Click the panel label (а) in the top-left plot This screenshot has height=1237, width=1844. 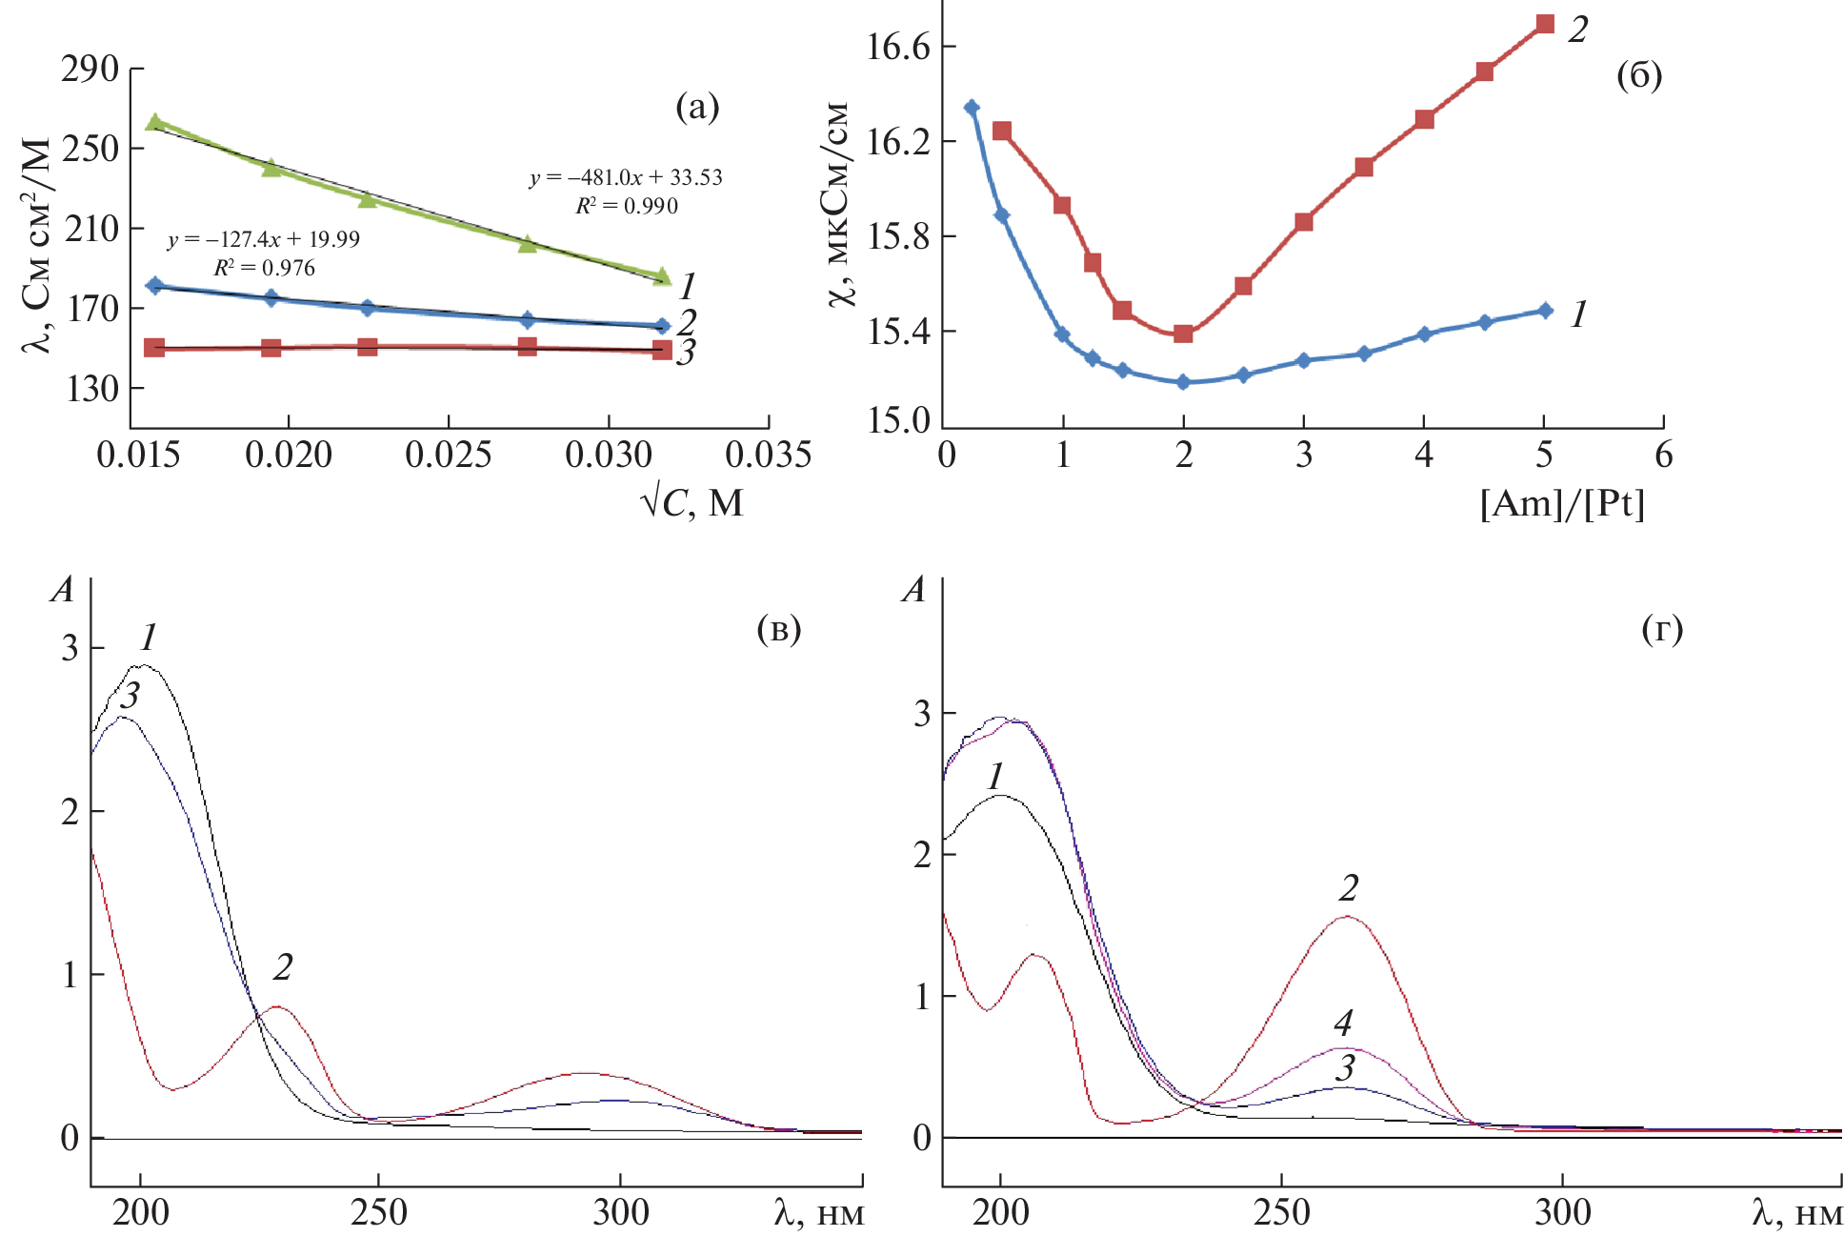(697, 106)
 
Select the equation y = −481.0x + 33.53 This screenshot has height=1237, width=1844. (626, 177)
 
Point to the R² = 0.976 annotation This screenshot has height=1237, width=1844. (264, 268)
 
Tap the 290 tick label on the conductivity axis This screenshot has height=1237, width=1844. (90, 69)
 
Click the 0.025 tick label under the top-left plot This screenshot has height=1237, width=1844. (448, 455)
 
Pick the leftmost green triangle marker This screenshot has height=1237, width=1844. (155, 123)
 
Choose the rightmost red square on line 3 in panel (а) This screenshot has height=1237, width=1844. (662, 350)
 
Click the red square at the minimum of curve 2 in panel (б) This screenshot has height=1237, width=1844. (1183, 333)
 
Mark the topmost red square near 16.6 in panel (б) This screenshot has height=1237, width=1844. (1545, 24)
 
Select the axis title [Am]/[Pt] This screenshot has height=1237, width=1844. (1562, 502)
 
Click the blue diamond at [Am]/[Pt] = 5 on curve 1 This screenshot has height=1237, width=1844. (1545, 311)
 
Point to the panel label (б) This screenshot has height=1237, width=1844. (1639, 74)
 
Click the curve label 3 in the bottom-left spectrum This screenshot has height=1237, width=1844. (131, 696)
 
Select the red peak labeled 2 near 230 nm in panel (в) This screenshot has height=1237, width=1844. (276, 1006)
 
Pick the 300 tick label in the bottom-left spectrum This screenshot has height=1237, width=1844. (620, 1212)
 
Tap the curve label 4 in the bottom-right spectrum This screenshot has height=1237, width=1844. (1343, 1024)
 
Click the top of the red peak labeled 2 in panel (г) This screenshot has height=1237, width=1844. (1347, 917)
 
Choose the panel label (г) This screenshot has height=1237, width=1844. (1662, 628)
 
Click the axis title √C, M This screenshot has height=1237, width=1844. (692, 502)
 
